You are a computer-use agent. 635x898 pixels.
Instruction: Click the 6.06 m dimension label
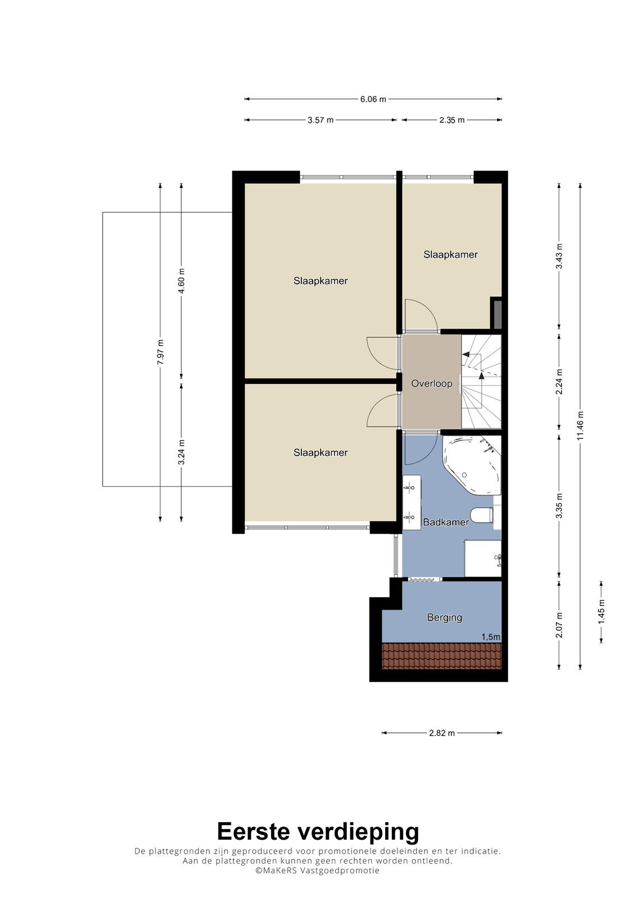(373, 99)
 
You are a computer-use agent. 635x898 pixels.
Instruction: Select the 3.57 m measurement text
(321, 120)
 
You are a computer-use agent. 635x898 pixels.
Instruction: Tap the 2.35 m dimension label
(451, 120)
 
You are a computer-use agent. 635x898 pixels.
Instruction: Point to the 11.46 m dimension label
(580, 426)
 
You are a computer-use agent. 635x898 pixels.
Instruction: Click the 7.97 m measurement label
(161, 351)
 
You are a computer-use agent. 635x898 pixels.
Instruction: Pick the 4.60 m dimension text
(181, 280)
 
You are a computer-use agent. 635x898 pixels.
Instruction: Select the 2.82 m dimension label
(442, 733)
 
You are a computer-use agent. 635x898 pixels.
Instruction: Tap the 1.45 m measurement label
(601, 612)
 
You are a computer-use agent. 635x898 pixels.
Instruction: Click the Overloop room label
(432, 384)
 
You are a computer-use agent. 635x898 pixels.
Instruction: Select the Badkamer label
(446, 523)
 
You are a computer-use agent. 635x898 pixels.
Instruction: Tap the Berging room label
(445, 617)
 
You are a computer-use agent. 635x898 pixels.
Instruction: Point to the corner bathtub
(472, 465)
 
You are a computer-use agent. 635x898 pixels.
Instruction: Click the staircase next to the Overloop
(481, 382)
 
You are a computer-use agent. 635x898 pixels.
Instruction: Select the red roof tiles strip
(442, 657)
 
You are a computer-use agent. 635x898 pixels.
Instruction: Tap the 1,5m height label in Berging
(491, 636)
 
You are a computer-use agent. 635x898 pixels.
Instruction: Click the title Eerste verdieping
(318, 831)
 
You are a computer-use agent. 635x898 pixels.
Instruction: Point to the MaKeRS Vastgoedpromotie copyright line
(317, 870)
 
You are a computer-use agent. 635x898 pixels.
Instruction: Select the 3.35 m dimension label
(559, 506)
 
